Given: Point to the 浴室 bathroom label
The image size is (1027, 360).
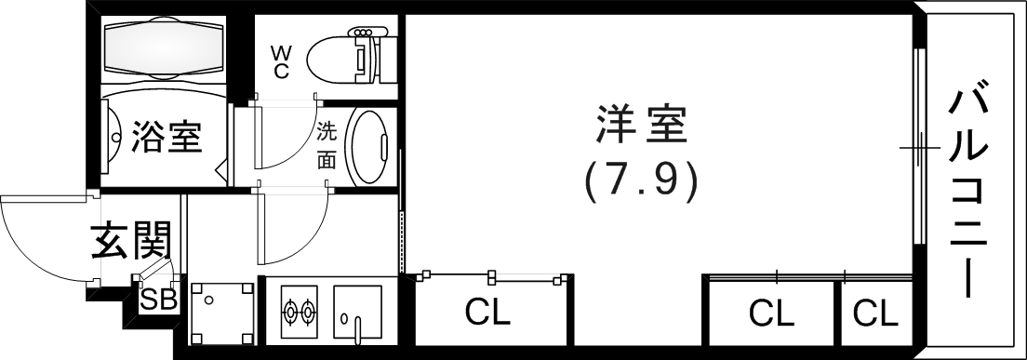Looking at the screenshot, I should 167,137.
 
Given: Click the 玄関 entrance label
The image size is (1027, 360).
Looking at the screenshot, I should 131,241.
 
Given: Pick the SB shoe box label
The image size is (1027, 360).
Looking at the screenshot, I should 158,300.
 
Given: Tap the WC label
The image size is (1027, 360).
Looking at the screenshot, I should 280,60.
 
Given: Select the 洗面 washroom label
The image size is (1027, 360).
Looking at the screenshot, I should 326,144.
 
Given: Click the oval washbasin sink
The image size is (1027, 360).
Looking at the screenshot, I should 368,146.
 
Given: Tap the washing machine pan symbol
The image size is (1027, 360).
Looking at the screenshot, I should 222,313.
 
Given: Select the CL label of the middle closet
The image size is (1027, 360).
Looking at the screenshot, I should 771,314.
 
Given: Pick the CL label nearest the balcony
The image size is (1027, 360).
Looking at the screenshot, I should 875,314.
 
